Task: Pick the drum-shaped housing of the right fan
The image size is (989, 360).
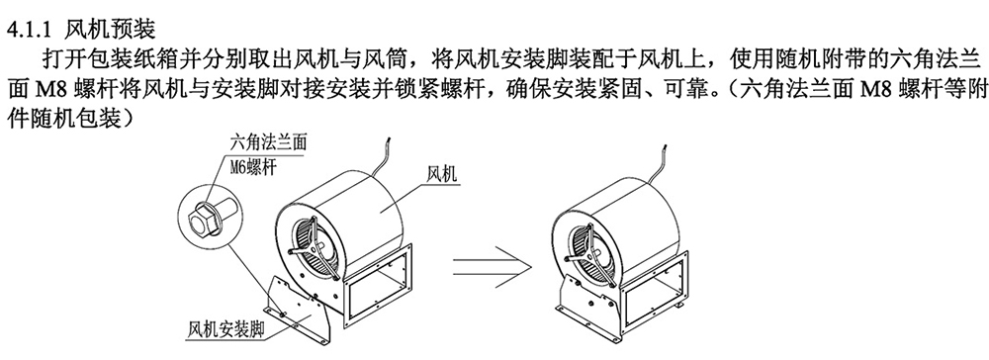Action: point(633,208)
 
